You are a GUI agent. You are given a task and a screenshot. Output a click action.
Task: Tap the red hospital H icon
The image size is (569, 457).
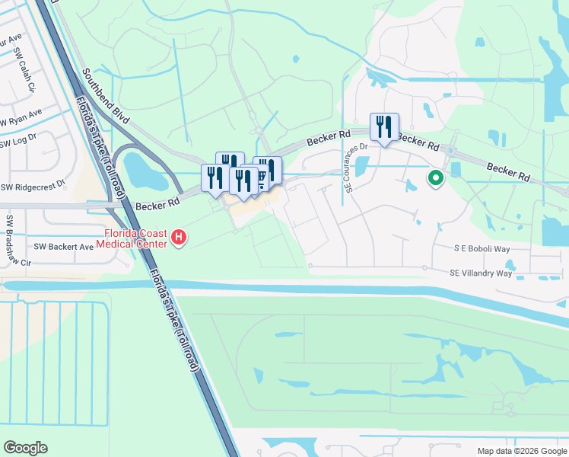click(178, 238)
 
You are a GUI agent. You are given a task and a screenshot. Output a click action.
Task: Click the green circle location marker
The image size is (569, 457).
click(436, 179)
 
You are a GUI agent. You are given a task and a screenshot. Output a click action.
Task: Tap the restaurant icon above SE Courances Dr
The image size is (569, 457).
click(383, 126)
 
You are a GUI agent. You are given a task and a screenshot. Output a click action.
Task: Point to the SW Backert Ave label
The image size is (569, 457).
click(64, 247)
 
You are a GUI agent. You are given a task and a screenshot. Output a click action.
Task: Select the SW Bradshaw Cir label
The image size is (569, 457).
click(11, 240)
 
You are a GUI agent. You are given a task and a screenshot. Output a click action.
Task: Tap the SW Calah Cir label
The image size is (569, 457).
click(24, 70)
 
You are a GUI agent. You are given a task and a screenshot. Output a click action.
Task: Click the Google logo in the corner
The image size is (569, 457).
click(25, 448)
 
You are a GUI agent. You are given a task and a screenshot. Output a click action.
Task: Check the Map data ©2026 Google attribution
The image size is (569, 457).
click(521, 451)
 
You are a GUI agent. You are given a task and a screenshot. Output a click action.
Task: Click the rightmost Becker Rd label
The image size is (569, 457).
click(508, 171)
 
